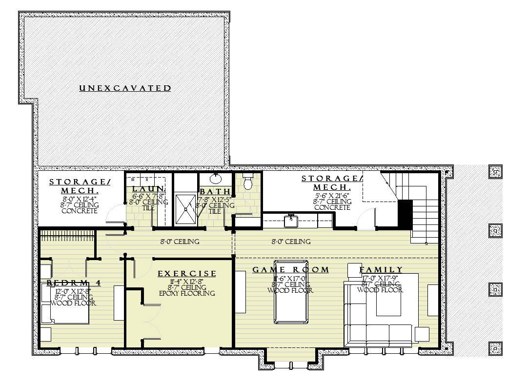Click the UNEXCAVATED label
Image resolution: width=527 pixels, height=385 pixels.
(125, 88)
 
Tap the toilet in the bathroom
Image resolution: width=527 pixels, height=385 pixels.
(247, 182)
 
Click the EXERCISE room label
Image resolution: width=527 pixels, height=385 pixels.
(187, 274)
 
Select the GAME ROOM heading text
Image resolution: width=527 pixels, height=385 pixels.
(290, 270)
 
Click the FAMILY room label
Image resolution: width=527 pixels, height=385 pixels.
(381, 270)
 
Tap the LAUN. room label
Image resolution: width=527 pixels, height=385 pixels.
(148, 189)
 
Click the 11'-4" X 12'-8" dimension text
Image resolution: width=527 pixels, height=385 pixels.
(187, 282)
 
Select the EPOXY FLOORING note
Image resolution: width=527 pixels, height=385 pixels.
(187, 293)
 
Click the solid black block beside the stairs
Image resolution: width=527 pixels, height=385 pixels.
(405, 213)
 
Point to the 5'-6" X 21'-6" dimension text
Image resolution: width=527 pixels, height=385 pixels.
(332, 195)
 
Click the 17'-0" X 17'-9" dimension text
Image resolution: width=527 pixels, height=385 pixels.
(381, 278)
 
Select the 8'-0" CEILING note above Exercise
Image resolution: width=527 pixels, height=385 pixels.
(180, 242)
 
